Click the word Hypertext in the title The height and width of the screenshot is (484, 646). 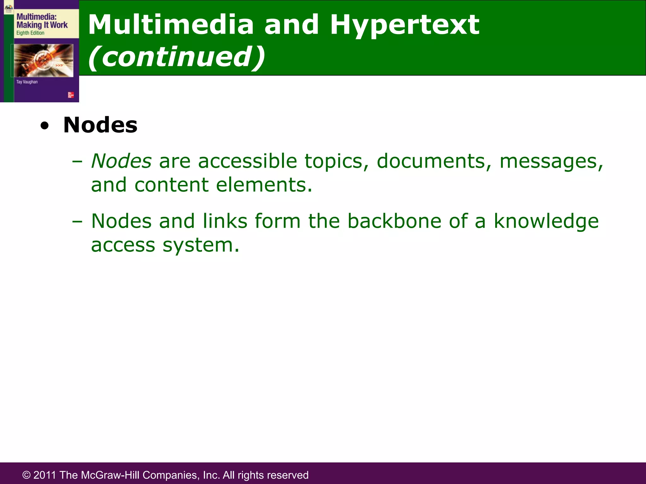tap(404, 25)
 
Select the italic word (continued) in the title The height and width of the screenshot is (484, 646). tap(177, 57)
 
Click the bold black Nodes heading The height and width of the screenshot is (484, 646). tap(100, 125)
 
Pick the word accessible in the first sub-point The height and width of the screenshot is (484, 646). tap(247, 161)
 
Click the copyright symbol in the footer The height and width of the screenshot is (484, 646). tap(26, 475)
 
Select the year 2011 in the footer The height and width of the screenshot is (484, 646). tap(45, 475)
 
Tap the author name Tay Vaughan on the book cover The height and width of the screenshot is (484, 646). tap(27, 82)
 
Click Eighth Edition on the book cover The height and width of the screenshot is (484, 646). tap(30, 33)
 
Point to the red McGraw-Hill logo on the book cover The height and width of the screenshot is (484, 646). tap(71, 95)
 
